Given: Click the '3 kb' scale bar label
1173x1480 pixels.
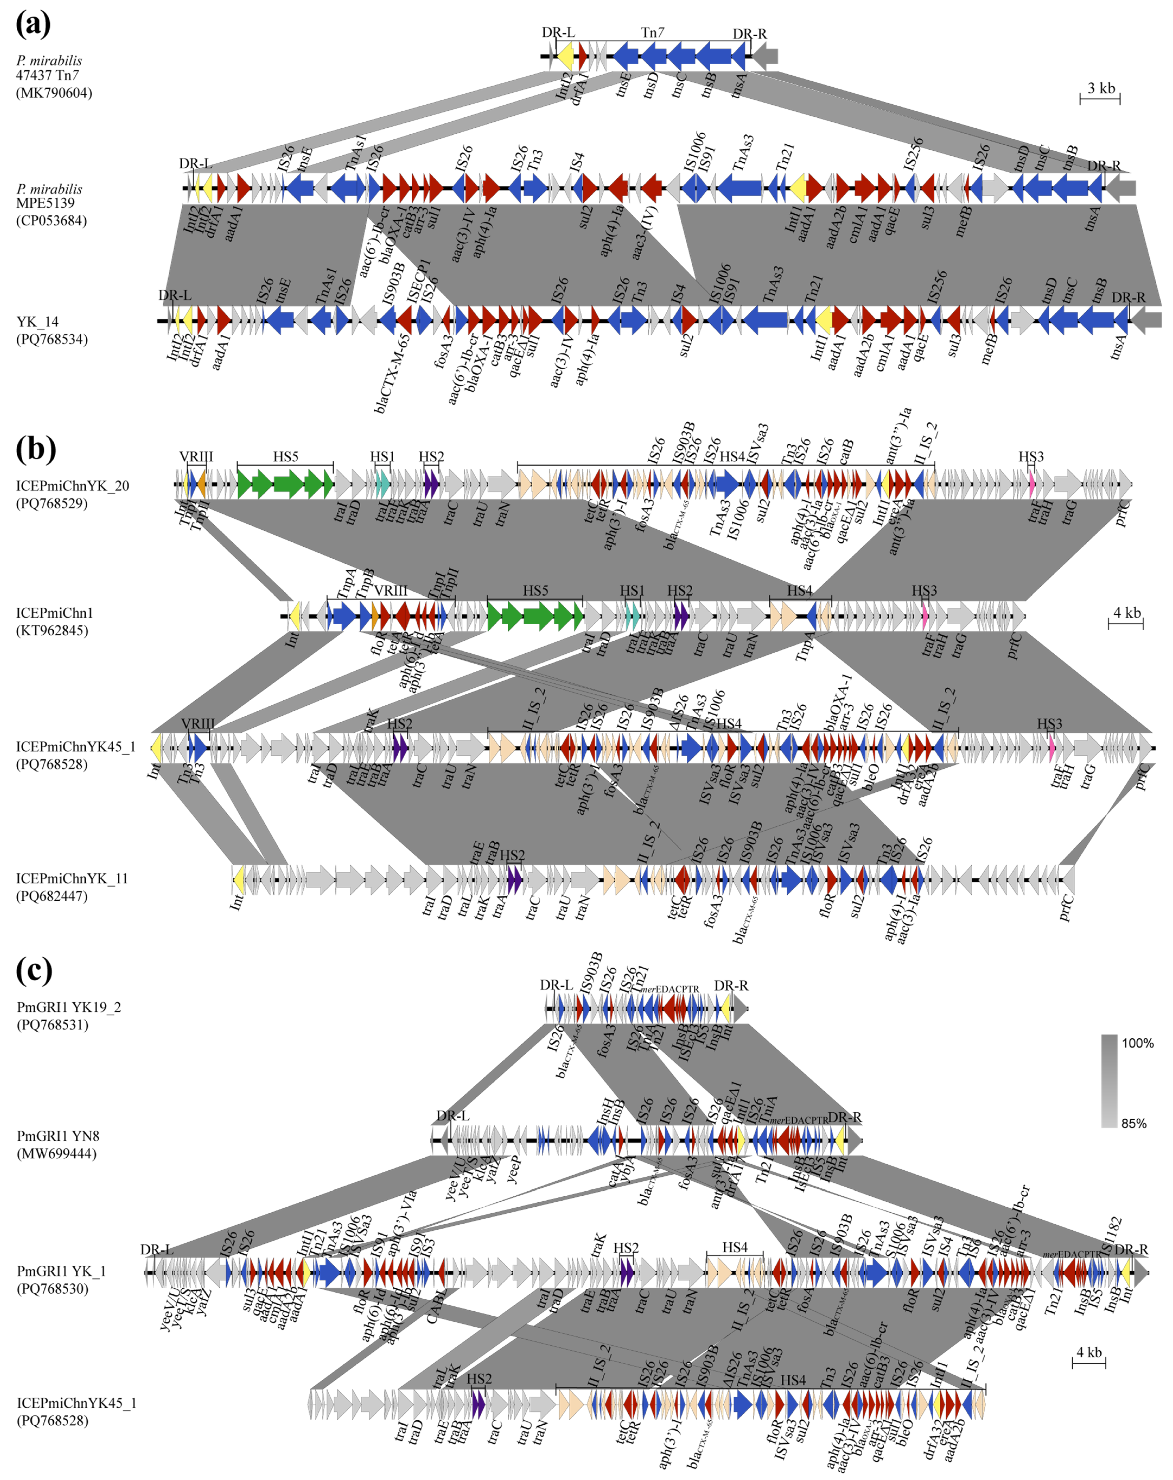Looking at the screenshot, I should (1101, 88).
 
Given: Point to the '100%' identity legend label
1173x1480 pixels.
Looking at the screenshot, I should (1137, 1043).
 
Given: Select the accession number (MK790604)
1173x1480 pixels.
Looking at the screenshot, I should (54, 93).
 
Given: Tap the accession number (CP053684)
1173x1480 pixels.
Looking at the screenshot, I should (52, 220).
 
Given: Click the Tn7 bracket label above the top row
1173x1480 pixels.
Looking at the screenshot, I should (652, 32).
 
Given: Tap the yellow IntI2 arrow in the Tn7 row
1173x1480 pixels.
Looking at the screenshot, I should (565, 56).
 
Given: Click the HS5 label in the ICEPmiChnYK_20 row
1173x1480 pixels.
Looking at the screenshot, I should (285, 456).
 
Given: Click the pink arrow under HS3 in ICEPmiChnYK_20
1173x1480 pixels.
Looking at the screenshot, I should (1032, 484).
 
